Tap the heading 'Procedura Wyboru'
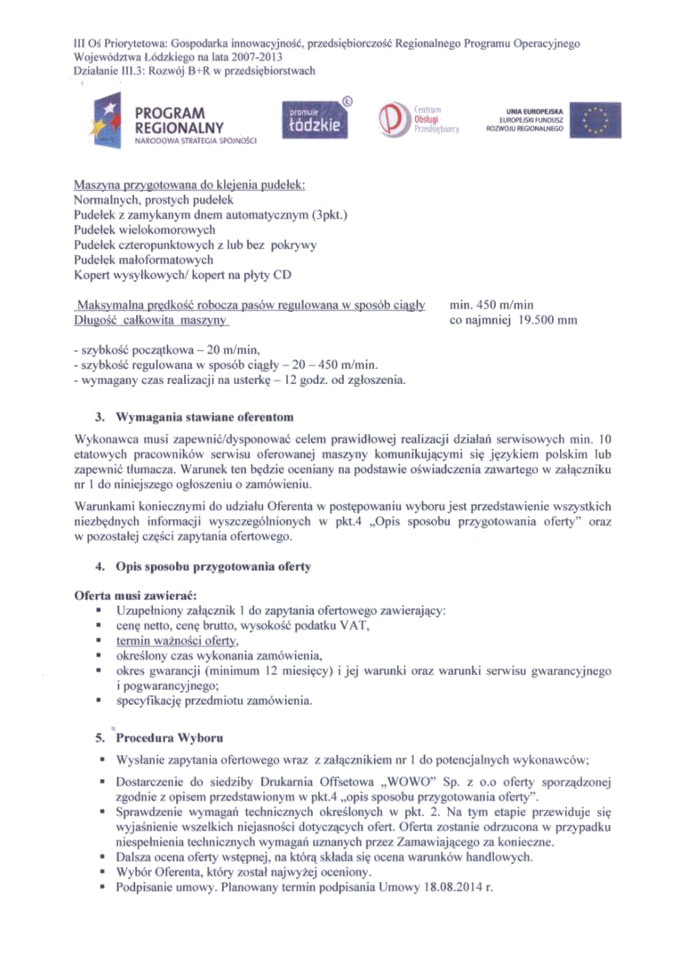pos(171,738)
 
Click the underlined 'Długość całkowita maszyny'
pos(151,321)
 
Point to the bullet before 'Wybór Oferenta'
pos(104,874)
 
